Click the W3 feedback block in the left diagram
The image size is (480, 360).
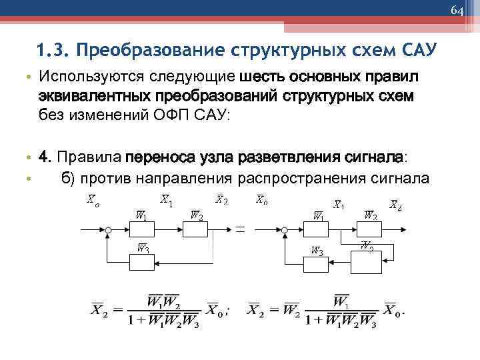[142, 262]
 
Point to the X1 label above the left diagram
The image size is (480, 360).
[167, 200]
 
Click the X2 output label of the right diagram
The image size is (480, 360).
[395, 205]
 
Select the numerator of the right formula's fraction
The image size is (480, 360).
[341, 301]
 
